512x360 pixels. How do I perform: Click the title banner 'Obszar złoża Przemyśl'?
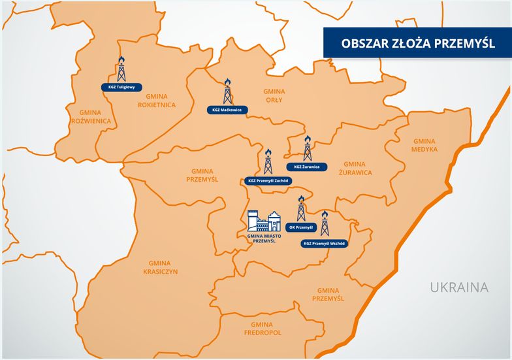coord(418,44)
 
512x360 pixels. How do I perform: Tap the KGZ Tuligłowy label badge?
coord(121,87)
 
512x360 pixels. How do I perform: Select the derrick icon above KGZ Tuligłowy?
coord(121,69)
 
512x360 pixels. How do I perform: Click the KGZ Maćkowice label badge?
coord(227,110)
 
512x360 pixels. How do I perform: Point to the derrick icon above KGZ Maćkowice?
coord(227,92)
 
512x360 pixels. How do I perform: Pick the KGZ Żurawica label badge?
coord(307,167)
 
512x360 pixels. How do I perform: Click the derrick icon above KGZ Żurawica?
coord(308,148)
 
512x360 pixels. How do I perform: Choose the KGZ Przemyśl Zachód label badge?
coord(268,180)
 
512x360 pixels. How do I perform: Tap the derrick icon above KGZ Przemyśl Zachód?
coord(268,161)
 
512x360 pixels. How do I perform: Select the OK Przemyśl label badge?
coord(301,227)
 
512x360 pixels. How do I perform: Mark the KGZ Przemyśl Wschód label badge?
coord(325,244)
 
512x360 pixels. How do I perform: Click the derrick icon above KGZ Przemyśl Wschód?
coord(325,223)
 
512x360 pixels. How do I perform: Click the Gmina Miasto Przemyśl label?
coord(264,238)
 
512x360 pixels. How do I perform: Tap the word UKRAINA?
coord(459,287)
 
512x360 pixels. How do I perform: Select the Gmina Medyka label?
coord(424,145)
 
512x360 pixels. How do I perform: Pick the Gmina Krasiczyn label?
coord(159,267)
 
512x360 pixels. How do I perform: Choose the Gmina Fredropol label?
coord(261,329)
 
